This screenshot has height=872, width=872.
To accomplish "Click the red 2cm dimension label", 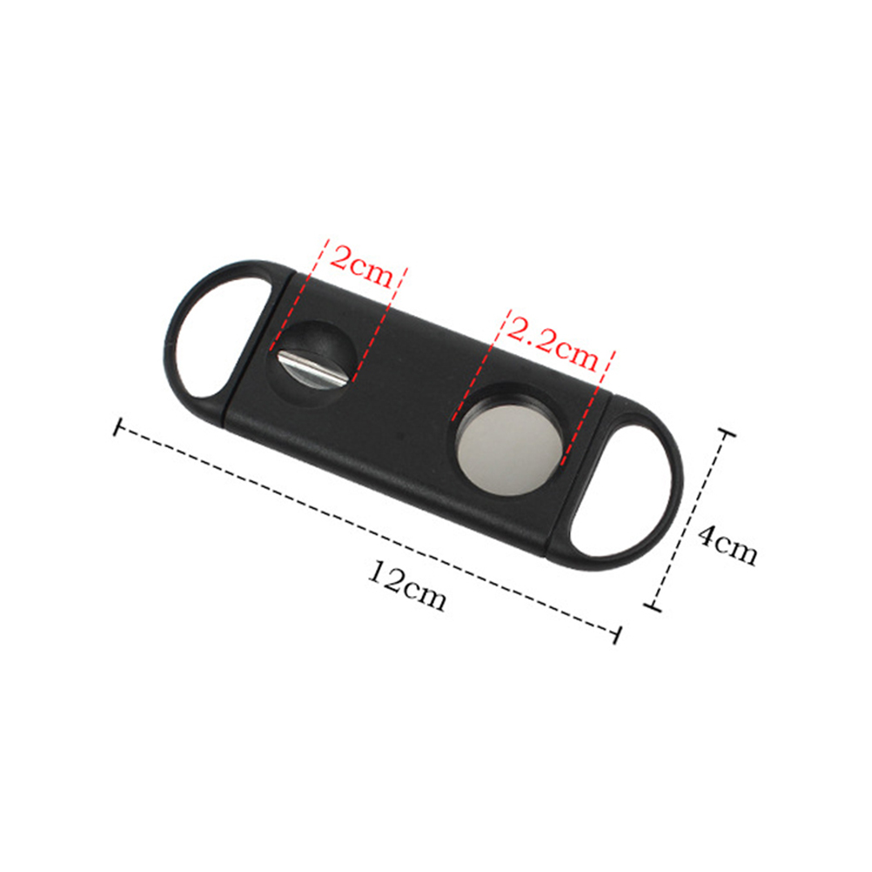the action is (x=361, y=265).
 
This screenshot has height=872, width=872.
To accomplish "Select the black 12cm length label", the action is (x=407, y=586).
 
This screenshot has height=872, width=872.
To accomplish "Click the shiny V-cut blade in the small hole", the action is (x=312, y=367).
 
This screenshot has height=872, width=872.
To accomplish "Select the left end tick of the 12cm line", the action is (x=117, y=427).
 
